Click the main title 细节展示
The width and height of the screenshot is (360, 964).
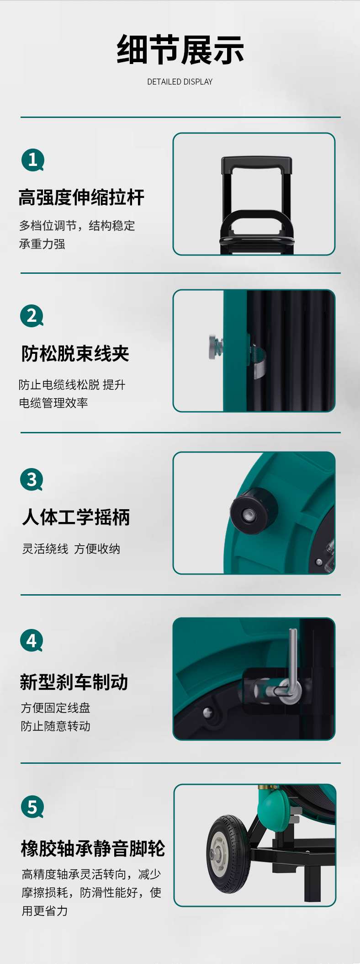tap(180, 50)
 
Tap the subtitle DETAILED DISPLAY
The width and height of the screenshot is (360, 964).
tap(180, 82)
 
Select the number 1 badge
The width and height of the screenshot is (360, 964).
tap(33, 160)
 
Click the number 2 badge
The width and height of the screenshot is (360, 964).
tap(32, 316)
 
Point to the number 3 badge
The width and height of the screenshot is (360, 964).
tap(32, 479)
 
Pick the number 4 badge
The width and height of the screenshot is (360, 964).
tap(32, 641)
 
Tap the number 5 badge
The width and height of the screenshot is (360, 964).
tap(32, 807)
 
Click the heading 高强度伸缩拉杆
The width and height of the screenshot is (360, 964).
tap(81, 197)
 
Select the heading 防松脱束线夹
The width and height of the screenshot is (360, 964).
tap(75, 354)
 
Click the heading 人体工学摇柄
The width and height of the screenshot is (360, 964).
tap(76, 517)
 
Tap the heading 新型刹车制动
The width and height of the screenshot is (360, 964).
tap(74, 682)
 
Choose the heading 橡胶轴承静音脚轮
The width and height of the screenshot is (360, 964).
tap(93, 848)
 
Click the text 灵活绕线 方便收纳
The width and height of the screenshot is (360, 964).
tap(71, 549)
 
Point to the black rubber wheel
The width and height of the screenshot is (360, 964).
tap(228, 854)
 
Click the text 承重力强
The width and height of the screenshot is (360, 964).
tap(42, 244)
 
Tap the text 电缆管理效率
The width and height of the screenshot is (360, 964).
tap(53, 403)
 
